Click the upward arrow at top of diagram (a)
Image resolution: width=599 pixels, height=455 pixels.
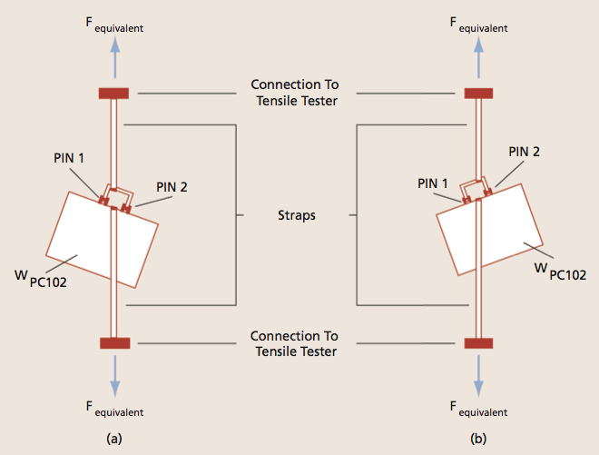(x=114, y=62)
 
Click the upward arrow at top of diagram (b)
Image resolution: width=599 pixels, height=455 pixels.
(x=478, y=62)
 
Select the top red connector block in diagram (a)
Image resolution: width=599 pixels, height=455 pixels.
(x=114, y=93)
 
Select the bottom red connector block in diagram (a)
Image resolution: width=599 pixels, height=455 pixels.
(x=114, y=342)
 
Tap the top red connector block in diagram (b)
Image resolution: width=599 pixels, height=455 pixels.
(x=478, y=93)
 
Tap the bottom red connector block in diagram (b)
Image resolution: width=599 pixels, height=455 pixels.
(x=478, y=342)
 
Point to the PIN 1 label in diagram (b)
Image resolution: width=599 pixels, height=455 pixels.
(x=434, y=183)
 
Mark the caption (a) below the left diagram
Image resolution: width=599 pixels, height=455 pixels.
(x=114, y=438)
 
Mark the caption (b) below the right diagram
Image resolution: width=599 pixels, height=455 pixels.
(x=478, y=438)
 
